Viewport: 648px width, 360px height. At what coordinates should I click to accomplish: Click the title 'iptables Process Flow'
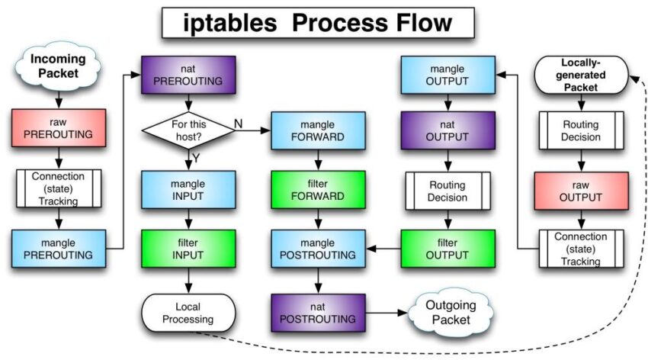pos(317,23)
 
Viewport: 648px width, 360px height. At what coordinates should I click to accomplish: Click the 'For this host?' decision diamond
pos(187,129)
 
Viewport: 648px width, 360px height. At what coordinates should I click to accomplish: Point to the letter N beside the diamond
pos(238,122)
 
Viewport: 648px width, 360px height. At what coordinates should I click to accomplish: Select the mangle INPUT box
pos(187,189)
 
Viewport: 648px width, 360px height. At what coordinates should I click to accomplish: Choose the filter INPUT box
pos(187,248)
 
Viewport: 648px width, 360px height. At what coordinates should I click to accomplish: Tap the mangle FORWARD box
pos(317,132)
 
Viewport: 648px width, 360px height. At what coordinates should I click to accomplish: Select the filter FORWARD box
pos(317,189)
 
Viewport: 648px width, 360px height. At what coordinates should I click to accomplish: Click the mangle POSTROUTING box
pos(317,248)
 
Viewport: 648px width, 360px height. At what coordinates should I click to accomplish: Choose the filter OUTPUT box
pos(448,248)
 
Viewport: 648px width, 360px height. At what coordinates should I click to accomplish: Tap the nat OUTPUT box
pos(448,132)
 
